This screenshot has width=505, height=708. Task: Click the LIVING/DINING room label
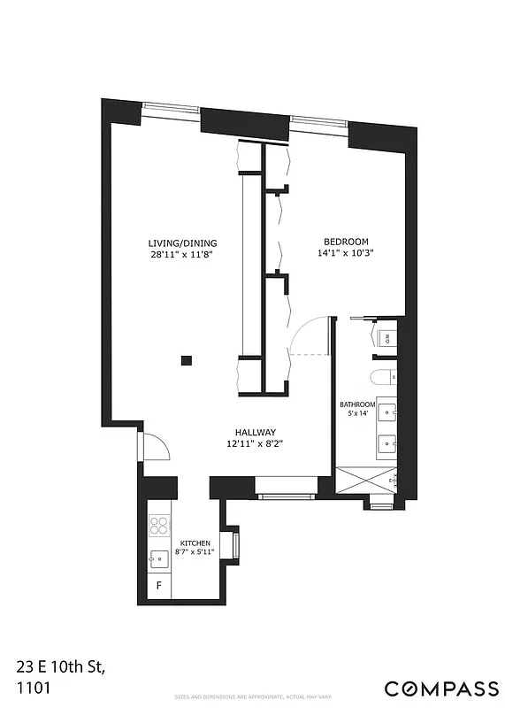(182, 243)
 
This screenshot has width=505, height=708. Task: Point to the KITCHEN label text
(195, 543)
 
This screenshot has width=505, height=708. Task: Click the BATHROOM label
(358, 405)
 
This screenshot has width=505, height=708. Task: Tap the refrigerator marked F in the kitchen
(159, 586)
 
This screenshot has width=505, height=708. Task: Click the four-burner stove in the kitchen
(159, 527)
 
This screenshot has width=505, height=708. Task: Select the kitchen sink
(159, 558)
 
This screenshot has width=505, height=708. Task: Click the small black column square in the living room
(186, 360)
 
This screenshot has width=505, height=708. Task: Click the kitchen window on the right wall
(235, 544)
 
